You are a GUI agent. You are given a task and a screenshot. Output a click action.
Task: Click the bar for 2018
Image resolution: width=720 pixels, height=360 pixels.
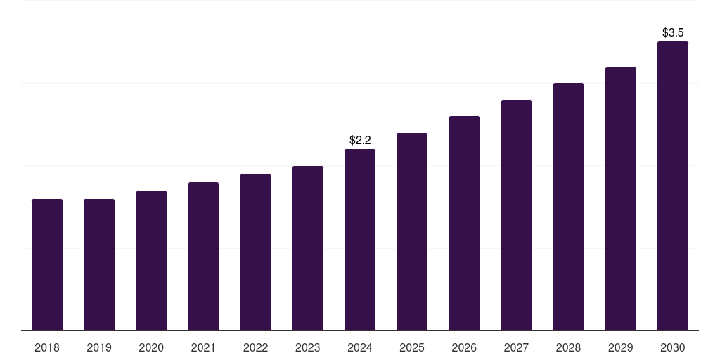tap(47, 264)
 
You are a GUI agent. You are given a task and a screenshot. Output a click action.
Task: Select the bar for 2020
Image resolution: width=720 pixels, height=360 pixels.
tap(151, 260)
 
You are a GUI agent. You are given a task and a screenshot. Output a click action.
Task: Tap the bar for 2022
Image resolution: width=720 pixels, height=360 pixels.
tap(255, 252)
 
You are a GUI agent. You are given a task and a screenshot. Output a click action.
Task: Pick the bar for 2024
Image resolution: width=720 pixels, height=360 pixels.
tap(360, 240)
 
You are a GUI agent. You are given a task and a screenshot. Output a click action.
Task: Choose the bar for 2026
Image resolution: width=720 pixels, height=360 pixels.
tap(464, 223)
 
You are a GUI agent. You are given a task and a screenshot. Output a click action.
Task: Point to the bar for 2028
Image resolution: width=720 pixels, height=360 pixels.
tap(568, 207)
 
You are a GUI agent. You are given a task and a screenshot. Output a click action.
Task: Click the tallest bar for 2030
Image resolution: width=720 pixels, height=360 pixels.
tap(673, 186)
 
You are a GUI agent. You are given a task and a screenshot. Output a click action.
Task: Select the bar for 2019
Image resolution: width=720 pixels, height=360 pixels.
tap(99, 264)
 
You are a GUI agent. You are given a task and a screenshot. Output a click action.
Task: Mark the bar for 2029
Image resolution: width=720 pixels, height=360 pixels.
tap(621, 198)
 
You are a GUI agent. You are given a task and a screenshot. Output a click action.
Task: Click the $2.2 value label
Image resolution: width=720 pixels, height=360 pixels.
tap(360, 141)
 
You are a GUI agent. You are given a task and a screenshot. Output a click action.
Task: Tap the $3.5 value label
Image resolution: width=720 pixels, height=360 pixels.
tap(673, 32)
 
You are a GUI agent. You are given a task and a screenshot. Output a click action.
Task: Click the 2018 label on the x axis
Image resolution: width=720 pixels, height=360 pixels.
tap(47, 347)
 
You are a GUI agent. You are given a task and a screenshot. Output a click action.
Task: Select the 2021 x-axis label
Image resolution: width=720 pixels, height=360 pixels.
tap(203, 347)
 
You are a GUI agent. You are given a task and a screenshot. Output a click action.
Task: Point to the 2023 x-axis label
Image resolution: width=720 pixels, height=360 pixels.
tap(308, 347)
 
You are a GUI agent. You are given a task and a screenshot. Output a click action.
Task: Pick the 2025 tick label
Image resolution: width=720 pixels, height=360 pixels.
tap(412, 347)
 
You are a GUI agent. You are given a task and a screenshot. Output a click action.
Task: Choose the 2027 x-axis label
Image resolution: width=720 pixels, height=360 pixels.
tap(516, 347)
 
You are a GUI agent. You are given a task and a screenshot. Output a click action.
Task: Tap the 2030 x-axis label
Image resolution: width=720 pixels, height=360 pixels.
tap(673, 347)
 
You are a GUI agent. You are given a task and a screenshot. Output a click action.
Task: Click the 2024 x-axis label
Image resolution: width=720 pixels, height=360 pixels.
tap(360, 347)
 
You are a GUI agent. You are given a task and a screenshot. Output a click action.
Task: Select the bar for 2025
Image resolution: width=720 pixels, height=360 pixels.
tap(412, 231)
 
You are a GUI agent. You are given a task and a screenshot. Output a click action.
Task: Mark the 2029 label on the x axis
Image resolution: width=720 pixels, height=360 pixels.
tap(621, 347)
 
